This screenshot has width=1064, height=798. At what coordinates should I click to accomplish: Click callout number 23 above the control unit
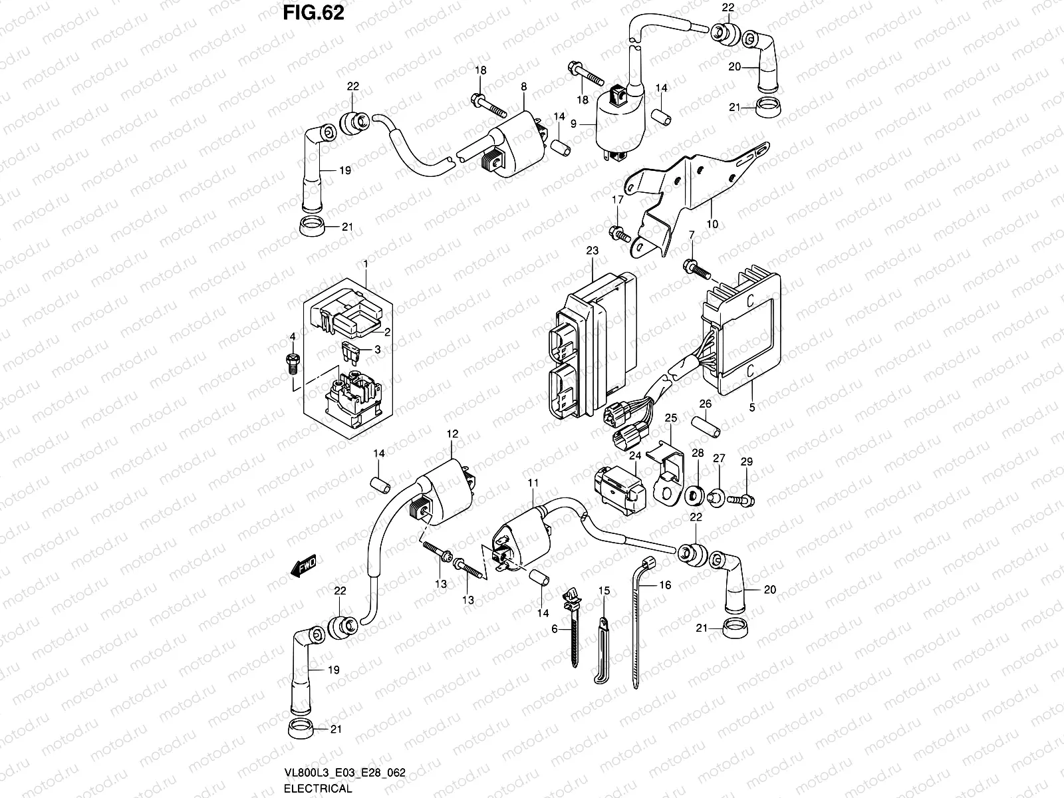pyautogui.click(x=592, y=251)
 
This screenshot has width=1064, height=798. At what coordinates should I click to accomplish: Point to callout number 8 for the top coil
pyautogui.click(x=523, y=86)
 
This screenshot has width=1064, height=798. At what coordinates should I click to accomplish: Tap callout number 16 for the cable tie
pyautogui.click(x=665, y=585)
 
